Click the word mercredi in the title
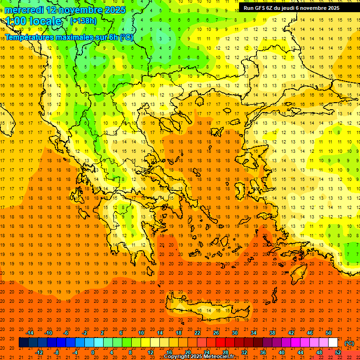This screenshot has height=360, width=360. tap(25, 10)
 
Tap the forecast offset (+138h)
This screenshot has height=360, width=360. tap(83, 21)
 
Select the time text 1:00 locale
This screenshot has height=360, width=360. tap(33, 21)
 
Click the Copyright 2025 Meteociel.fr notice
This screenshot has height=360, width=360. tap(199, 357)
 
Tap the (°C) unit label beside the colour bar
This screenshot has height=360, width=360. tap(349, 343)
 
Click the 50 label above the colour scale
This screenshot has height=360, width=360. tap(329, 333)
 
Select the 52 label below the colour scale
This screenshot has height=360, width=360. tap(338, 352)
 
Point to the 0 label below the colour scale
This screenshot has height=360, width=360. tap(92, 352)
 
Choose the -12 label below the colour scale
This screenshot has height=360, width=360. tap(39, 352)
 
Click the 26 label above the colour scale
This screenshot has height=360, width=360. tap(216, 333)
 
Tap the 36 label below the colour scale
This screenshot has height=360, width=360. tap(263, 352)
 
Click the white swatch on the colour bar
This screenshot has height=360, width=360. tap(333, 342)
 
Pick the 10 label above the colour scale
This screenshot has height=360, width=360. tap(141, 333)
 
